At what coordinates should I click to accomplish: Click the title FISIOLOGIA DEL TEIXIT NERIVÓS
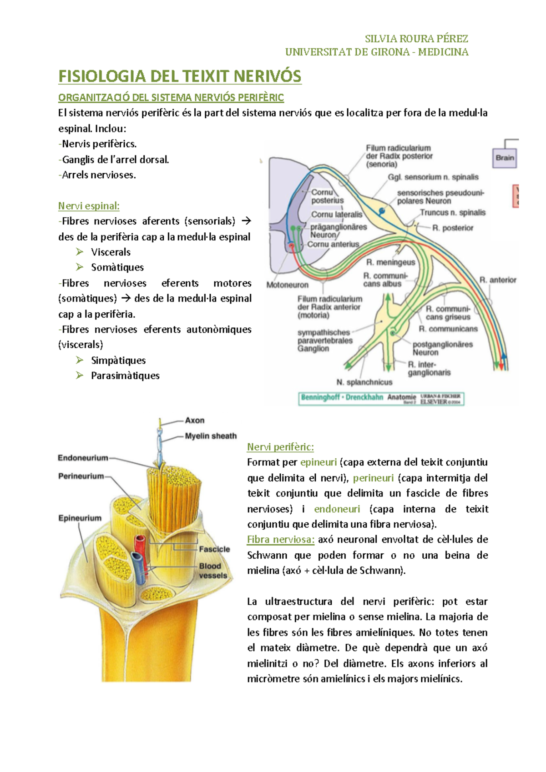(x=180, y=76)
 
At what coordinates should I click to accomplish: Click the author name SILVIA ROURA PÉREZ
(x=416, y=39)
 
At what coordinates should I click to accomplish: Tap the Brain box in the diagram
(x=505, y=158)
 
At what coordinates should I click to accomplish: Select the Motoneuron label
(x=287, y=285)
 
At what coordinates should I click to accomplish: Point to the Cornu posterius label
(x=327, y=196)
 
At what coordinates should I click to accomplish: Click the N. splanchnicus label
(x=364, y=382)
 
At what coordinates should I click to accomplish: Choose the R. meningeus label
(x=390, y=262)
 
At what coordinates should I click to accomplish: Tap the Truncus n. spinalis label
(x=452, y=212)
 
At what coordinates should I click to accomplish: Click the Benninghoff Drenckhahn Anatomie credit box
(x=381, y=398)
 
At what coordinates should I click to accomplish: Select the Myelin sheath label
(x=211, y=436)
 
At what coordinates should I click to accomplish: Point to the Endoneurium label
(x=83, y=458)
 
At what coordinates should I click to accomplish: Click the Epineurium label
(x=80, y=518)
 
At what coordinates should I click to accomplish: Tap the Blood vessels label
(x=212, y=571)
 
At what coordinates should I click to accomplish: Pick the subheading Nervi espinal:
(x=89, y=206)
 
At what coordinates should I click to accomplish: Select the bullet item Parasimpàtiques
(x=125, y=376)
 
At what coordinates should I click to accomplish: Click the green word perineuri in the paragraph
(x=373, y=478)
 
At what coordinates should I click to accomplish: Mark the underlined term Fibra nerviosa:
(x=281, y=540)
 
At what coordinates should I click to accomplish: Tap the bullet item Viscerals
(x=111, y=252)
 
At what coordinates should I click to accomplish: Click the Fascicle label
(x=214, y=549)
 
